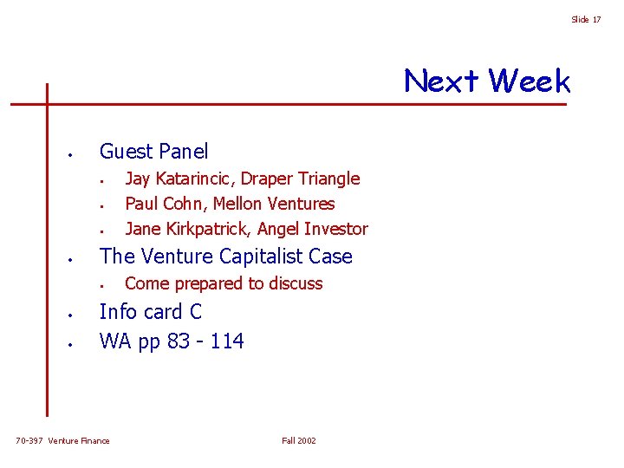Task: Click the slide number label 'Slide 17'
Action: tap(585, 19)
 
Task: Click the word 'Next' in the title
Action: tap(441, 81)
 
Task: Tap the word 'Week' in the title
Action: tap(529, 81)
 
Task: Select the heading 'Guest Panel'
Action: tap(154, 152)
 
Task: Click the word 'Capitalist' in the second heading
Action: tap(244, 257)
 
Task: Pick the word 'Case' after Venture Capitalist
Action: tap(329, 257)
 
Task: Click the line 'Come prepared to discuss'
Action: tap(224, 283)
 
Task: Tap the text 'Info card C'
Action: tap(151, 312)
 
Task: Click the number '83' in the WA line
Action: tap(179, 341)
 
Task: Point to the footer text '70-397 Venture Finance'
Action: tap(63, 441)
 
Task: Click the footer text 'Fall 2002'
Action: tap(299, 441)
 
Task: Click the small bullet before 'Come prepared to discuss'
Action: tap(101, 285)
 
